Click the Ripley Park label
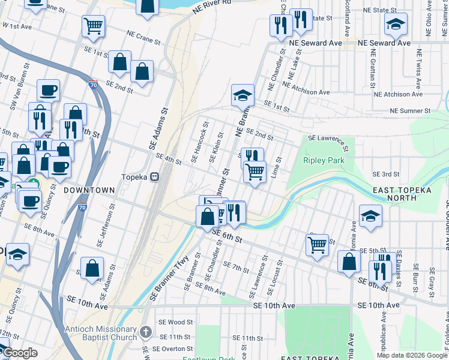pyautogui.click(x=324, y=160)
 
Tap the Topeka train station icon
pyautogui.click(x=155, y=178)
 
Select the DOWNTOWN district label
pyautogui.click(x=89, y=190)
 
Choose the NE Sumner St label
pyautogui.click(x=410, y=111)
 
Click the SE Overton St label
pyautogui.click(x=173, y=349)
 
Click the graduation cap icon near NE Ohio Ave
pyautogui.click(x=396, y=25)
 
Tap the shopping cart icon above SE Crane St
pyautogui.click(x=92, y=25)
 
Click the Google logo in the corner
pyautogui.click(x=20, y=353)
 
